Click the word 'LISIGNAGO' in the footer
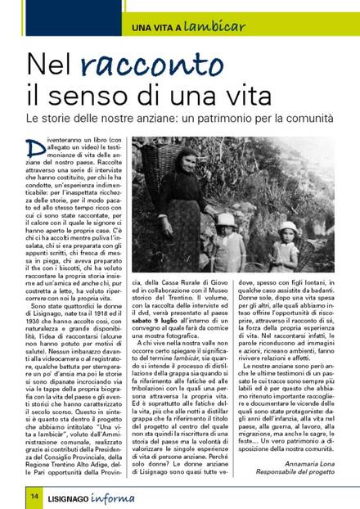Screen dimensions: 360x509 (79, 493)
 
